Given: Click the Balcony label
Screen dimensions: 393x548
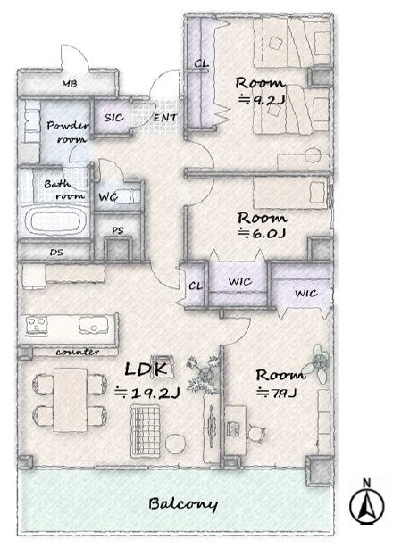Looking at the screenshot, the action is pos(183,503).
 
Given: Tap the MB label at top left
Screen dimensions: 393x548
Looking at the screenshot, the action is pos(70,84).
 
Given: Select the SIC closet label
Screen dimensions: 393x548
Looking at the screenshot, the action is pos(113,118).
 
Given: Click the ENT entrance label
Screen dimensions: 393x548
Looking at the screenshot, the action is pos(165,118).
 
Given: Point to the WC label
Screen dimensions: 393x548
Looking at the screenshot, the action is pos(108,197).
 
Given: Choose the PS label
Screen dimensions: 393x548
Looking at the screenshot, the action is pos(118,230).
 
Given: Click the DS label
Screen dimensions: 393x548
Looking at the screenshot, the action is pos(56,252).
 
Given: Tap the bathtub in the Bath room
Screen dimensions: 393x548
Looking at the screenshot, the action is pos(55,221).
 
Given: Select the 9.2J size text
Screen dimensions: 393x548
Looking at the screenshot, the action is pos(262,100).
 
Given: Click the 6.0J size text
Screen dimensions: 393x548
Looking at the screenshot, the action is pos(262,233).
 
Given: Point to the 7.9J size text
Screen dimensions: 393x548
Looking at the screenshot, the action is pos(277,393).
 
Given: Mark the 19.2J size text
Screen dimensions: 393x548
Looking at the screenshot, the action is pos(147,394).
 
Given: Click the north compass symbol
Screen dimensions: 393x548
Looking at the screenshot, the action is pos(367,502).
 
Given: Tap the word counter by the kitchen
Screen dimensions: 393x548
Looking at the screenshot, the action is pos(78,352).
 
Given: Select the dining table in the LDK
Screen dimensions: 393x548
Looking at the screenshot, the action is pos(71,400).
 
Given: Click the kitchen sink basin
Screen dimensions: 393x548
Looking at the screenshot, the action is pos(94,326).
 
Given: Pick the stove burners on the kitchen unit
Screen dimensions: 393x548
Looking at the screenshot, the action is pos(37,326).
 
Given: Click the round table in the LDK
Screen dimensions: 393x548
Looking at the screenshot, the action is pos(175,444).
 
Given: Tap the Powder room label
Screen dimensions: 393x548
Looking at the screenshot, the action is pos(68,132).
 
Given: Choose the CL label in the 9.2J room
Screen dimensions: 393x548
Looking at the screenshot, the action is pos(201,64).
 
